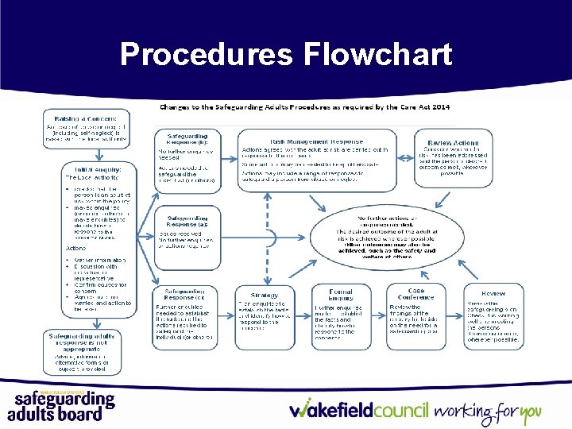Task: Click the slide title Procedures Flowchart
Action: click(x=286, y=54)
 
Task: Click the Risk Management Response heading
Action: click(x=317, y=141)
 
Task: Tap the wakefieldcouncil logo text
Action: click(x=359, y=411)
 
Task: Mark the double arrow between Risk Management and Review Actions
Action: click(x=406, y=153)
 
